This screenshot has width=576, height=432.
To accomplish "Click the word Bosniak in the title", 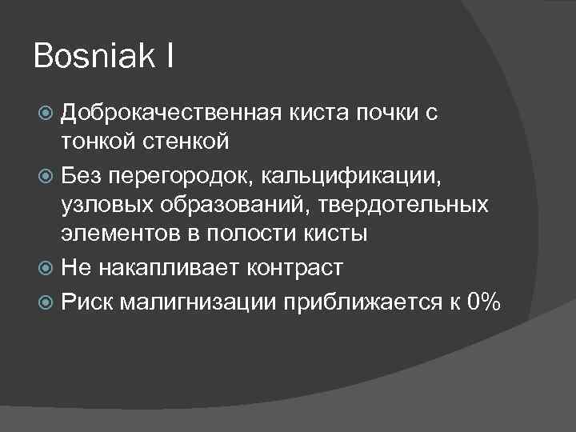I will (x=94, y=57).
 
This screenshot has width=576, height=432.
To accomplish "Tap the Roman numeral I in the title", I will (x=171, y=57).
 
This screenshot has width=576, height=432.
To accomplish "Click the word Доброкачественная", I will (x=168, y=113).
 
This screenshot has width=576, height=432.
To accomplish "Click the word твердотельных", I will (x=405, y=204).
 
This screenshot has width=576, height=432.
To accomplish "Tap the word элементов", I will (x=115, y=234).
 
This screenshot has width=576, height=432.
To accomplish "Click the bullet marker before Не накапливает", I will (x=48, y=265).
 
